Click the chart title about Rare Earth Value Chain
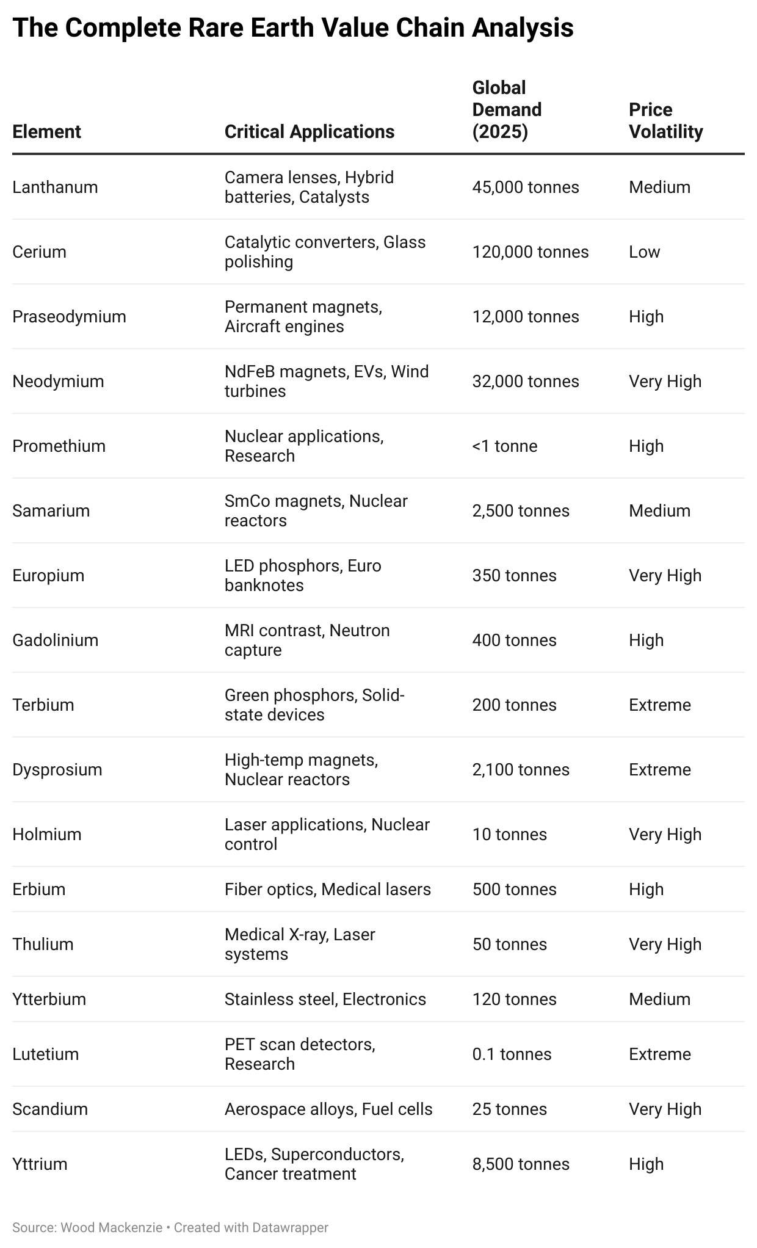click(292, 28)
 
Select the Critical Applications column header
click(309, 131)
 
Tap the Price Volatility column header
click(665, 120)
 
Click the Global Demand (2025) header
click(507, 109)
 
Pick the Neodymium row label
click(58, 381)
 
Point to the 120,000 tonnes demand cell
click(530, 252)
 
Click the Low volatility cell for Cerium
click(644, 252)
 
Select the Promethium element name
click(59, 446)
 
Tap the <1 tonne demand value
click(504, 446)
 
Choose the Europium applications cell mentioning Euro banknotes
click(302, 575)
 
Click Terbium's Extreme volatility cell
click(659, 705)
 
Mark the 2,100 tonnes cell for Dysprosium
click(520, 769)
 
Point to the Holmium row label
click(46, 834)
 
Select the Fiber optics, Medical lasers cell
click(327, 889)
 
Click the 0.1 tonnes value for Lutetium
click(512, 1054)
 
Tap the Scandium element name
click(50, 1109)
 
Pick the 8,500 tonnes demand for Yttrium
click(520, 1164)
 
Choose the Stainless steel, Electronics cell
click(325, 999)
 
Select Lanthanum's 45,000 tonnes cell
click(525, 187)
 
